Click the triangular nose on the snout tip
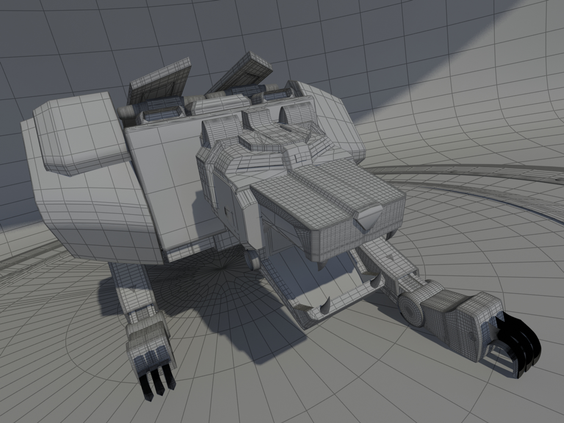(368, 218)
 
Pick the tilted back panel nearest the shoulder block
(159, 82)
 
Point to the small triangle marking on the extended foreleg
(390, 257)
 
